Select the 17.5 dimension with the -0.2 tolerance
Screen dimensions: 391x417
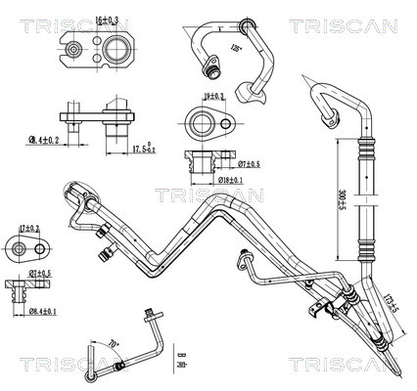coord(143,148)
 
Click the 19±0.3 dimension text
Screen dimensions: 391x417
coord(212,96)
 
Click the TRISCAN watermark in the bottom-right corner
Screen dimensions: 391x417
coord(347,364)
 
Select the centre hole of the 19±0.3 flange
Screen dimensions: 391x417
coord(203,123)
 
